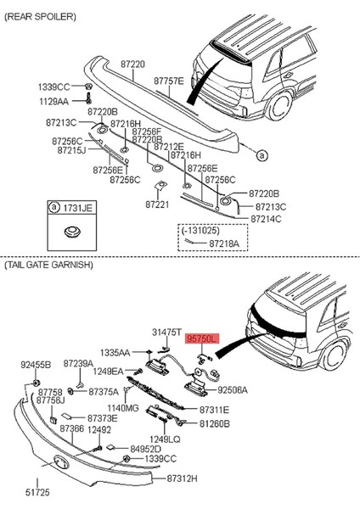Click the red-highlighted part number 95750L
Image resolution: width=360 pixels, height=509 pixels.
202,338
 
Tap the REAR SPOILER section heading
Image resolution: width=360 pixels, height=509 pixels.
40,17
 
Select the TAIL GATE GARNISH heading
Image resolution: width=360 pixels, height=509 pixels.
48,265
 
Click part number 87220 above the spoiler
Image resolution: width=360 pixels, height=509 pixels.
133,64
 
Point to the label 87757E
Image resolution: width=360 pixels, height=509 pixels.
169,81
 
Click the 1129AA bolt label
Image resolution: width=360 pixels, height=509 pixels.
54,102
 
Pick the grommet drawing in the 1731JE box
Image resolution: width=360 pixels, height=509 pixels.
71,232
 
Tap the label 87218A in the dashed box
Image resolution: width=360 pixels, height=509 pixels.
224,243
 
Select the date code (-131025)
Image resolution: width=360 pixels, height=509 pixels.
200,230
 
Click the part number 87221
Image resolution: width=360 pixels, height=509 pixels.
157,204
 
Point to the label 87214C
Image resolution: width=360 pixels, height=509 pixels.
266,219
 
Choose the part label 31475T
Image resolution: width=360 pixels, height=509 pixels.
166,332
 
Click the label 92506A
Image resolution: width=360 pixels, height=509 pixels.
232,390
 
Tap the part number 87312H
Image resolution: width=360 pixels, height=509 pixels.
182,478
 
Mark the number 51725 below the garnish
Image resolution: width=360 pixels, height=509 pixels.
37,492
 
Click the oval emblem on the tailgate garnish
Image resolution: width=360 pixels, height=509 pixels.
61,462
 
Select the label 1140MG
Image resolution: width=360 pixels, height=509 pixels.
123,408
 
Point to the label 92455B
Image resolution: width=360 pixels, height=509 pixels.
36,365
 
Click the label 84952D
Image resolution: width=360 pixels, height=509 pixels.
145,449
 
